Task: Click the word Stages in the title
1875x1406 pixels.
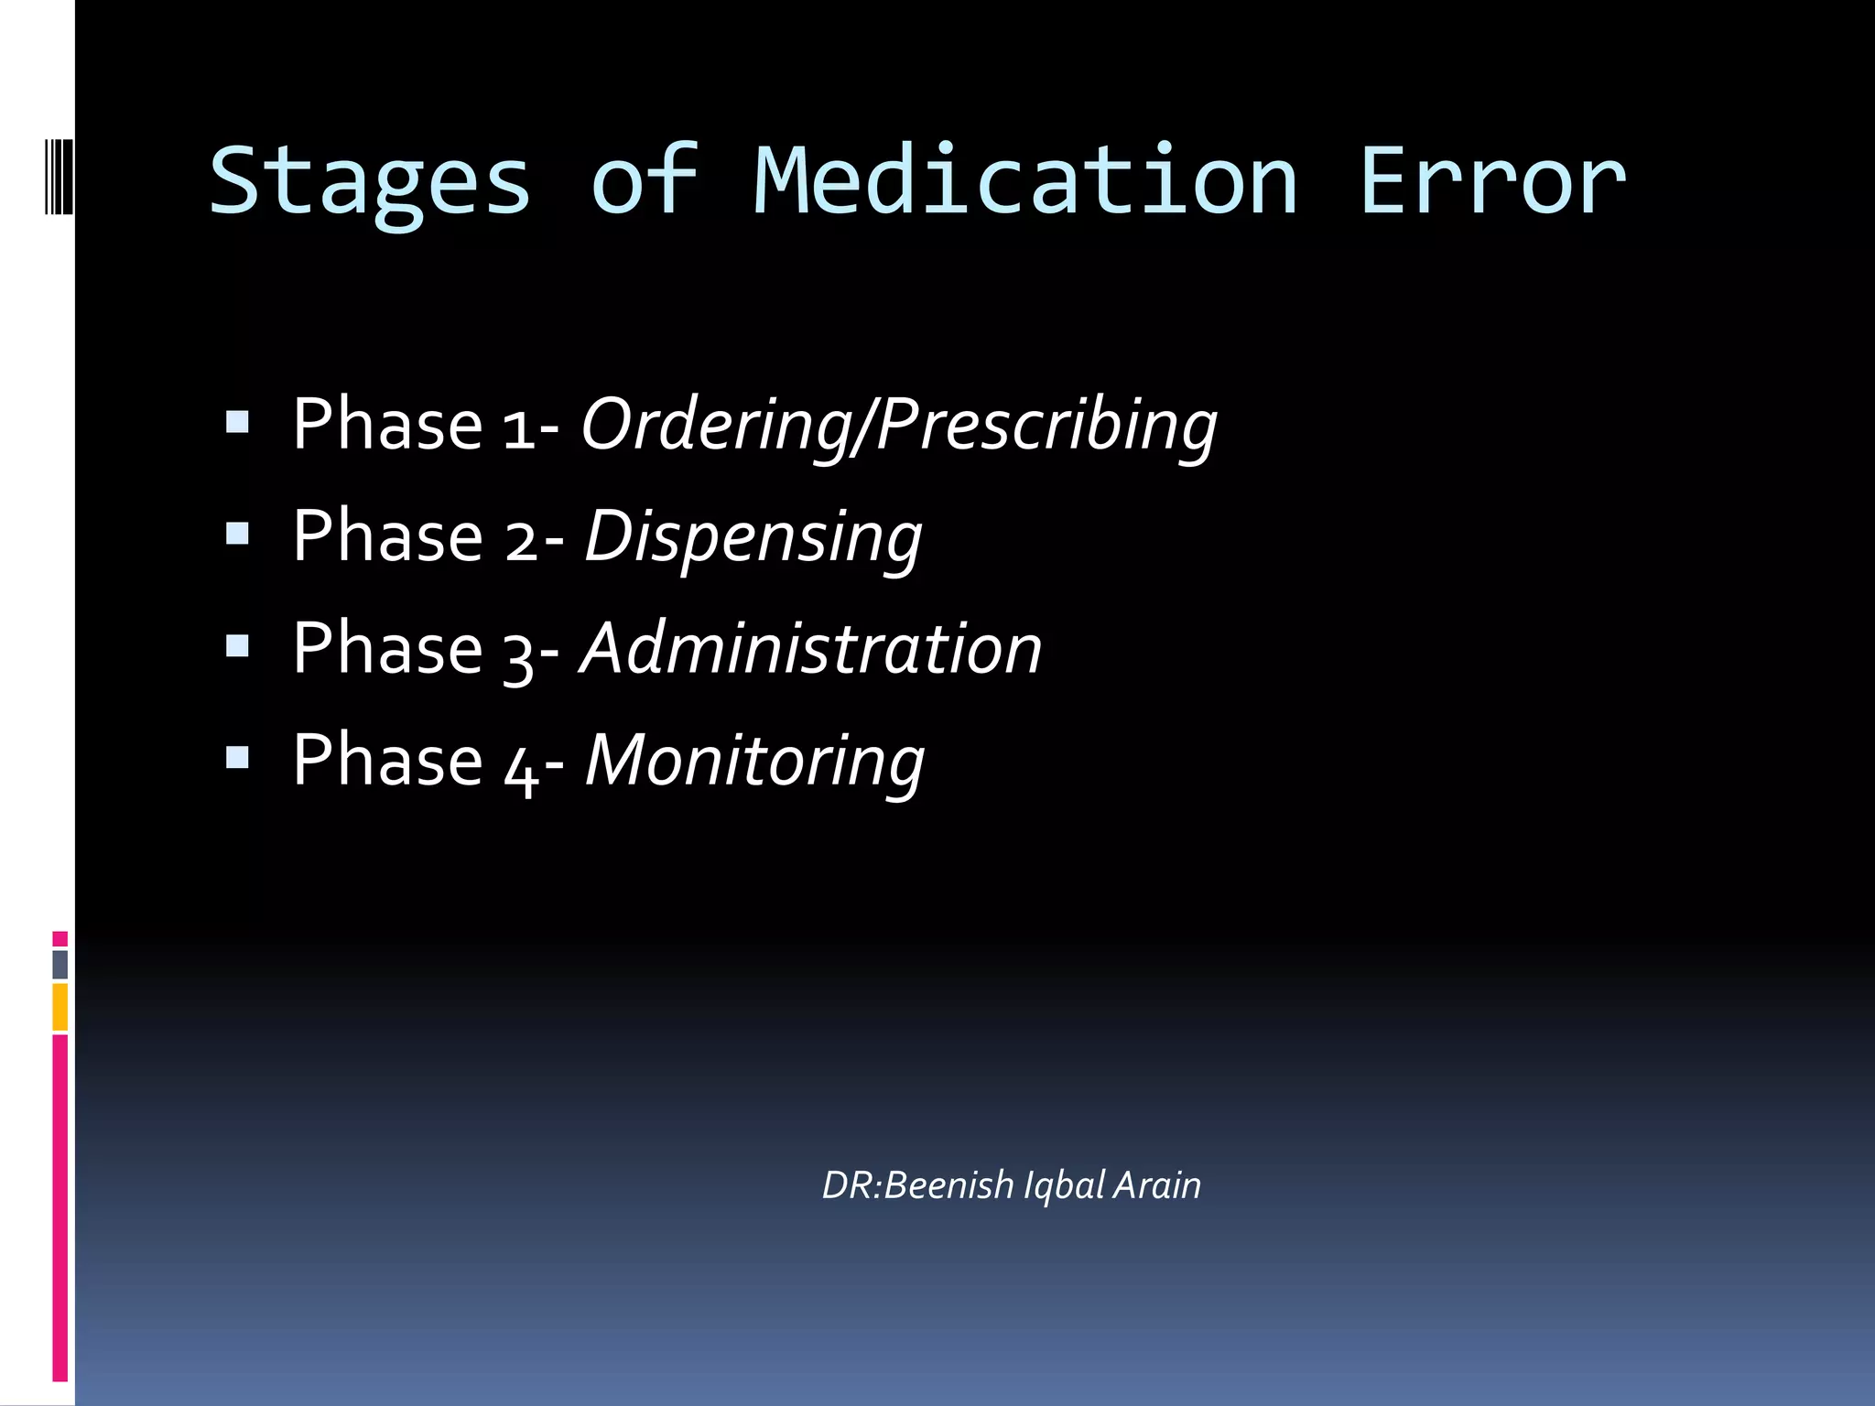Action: point(370,183)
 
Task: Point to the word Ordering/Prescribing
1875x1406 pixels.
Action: point(899,425)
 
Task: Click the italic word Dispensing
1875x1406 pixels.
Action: point(753,537)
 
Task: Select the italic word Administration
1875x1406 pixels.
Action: point(811,648)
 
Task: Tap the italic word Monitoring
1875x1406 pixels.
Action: point(754,761)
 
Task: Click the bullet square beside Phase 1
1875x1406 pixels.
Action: point(237,421)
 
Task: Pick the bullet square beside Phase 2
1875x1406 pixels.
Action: point(237,533)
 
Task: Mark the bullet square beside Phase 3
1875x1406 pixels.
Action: point(237,646)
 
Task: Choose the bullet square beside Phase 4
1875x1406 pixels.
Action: point(237,758)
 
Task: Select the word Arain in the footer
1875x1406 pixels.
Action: point(1156,1185)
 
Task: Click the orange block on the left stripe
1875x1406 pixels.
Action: point(60,1007)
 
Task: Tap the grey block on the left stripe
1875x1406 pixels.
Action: point(60,964)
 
